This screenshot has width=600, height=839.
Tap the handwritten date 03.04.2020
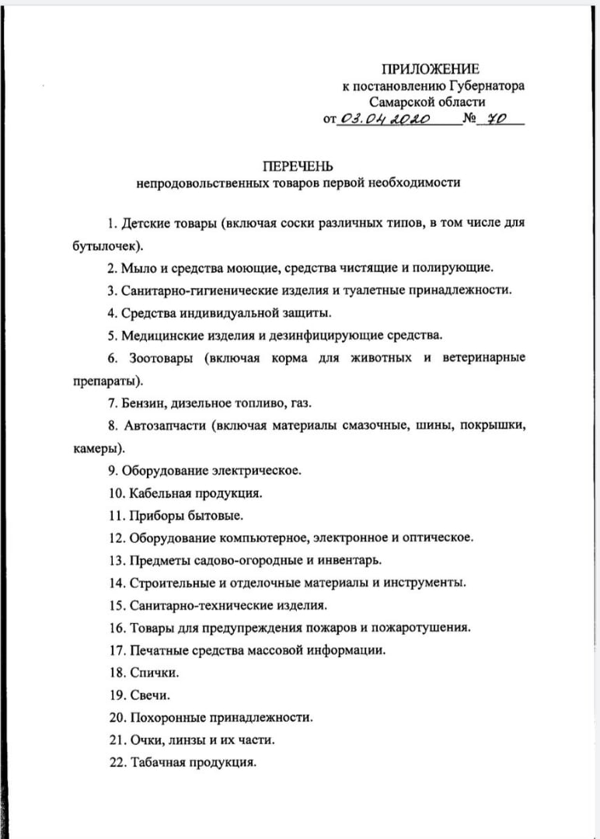pyautogui.click(x=385, y=119)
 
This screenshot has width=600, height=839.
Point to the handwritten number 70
pyautogui.click(x=497, y=119)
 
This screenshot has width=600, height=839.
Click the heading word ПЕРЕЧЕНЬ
pyautogui.click(x=298, y=166)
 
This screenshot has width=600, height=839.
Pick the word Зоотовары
pyautogui.click(x=158, y=357)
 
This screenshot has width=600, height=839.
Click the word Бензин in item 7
pyautogui.click(x=144, y=402)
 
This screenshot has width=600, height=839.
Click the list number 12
pyautogui.click(x=117, y=537)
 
